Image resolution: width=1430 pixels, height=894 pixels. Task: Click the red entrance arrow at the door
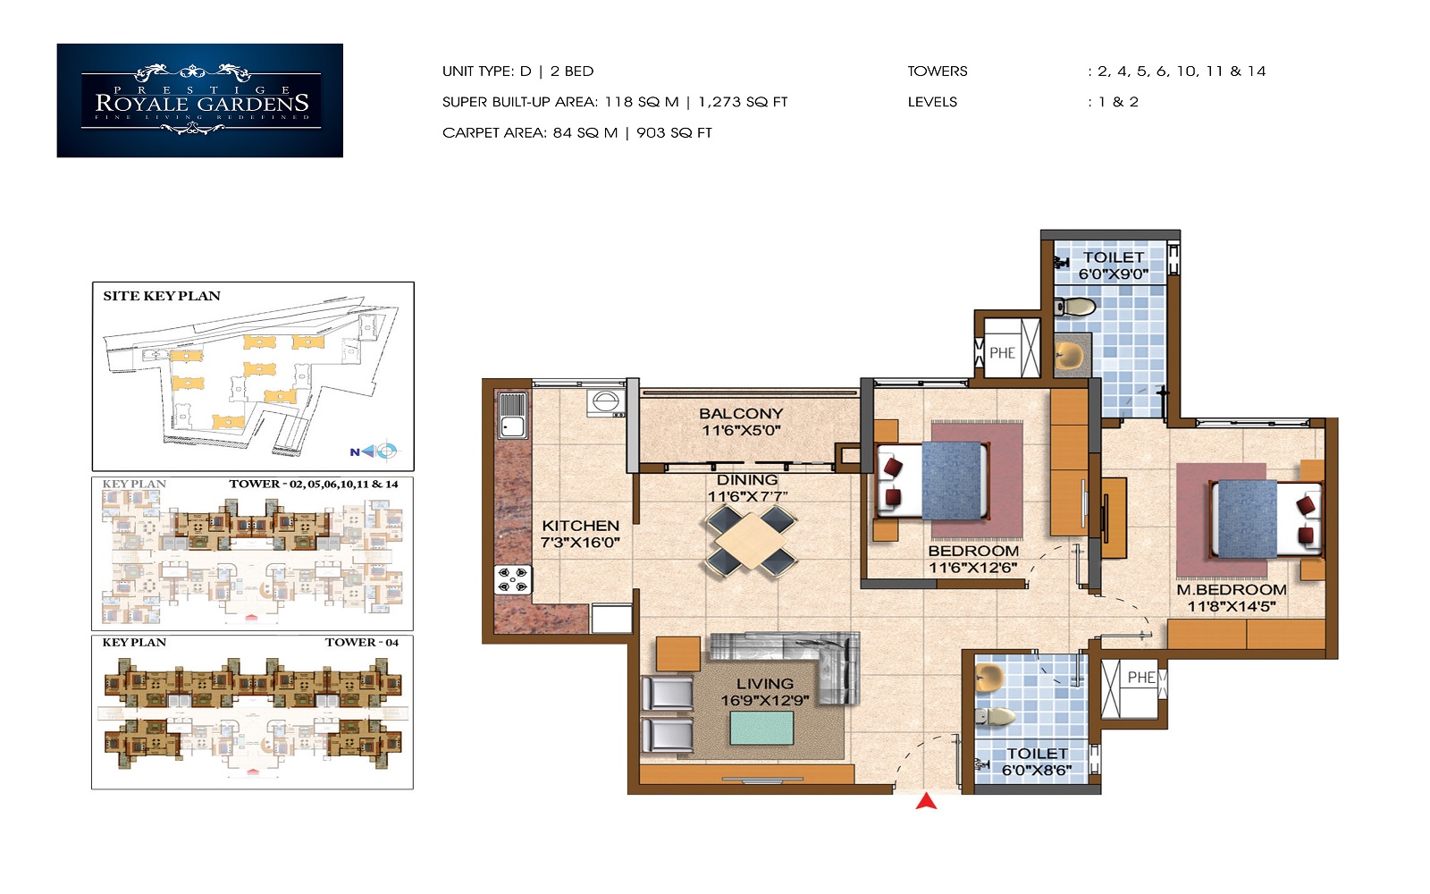[x=926, y=801]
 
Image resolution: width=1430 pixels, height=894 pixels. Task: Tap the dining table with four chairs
[x=751, y=540]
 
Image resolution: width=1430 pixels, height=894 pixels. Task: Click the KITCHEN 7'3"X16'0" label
[x=580, y=534]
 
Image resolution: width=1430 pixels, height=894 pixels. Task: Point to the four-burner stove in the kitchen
[x=513, y=579]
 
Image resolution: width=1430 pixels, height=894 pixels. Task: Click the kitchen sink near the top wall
[x=512, y=415]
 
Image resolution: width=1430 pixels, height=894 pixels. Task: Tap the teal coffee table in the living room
[x=761, y=728]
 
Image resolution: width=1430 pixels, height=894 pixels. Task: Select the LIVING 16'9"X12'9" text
[x=764, y=692]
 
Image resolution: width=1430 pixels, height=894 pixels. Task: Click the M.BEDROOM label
[x=1231, y=590]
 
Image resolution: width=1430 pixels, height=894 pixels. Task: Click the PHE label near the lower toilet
[x=1140, y=678]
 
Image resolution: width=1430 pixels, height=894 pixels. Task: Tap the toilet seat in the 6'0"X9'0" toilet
[x=1076, y=308]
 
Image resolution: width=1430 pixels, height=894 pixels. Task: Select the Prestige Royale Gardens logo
[x=199, y=101]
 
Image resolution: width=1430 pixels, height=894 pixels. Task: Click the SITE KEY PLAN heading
[x=162, y=296]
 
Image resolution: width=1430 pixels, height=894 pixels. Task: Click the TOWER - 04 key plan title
[x=361, y=643]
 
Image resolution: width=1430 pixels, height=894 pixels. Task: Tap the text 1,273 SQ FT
[x=743, y=102]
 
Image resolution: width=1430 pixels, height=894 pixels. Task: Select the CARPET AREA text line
[x=576, y=133]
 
